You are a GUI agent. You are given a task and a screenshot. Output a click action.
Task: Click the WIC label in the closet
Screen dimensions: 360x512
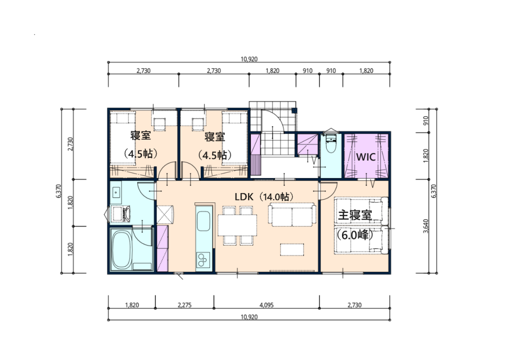point(365,156)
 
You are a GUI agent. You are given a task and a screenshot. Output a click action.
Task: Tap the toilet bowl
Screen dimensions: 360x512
point(330,145)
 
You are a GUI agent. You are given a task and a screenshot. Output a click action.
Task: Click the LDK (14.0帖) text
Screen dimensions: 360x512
point(263,196)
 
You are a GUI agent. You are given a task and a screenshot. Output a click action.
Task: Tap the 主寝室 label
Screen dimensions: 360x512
point(355,215)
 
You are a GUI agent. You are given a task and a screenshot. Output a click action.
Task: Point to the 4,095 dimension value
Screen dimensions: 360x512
point(265,304)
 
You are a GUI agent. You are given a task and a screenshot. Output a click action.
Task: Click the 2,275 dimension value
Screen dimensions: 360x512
point(184,304)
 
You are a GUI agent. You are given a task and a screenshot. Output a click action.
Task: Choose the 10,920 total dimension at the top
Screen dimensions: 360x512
point(248,59)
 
